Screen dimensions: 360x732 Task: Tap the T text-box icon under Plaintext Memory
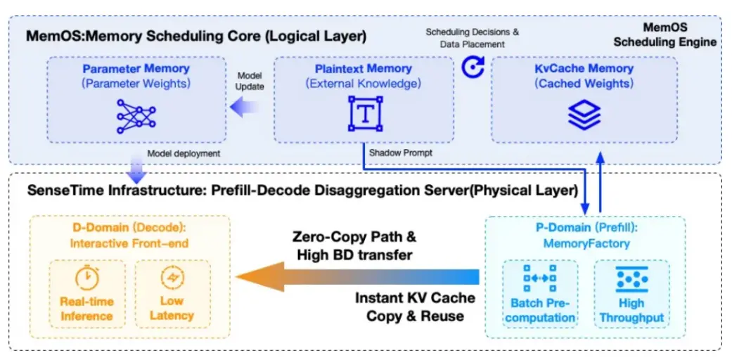[x=365, y=114]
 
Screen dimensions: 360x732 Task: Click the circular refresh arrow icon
[x=473, y=67]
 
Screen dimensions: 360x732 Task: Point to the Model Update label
[x=250, y=81]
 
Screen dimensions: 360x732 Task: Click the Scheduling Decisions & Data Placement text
[x=472, y=37]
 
